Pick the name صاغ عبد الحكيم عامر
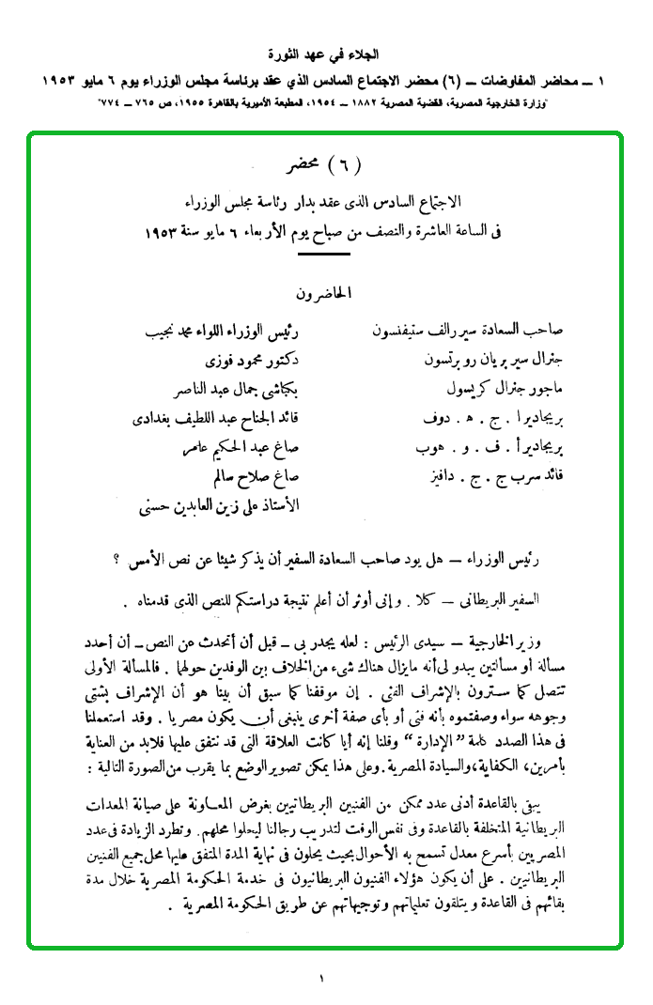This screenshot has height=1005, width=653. tap(239, 447)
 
